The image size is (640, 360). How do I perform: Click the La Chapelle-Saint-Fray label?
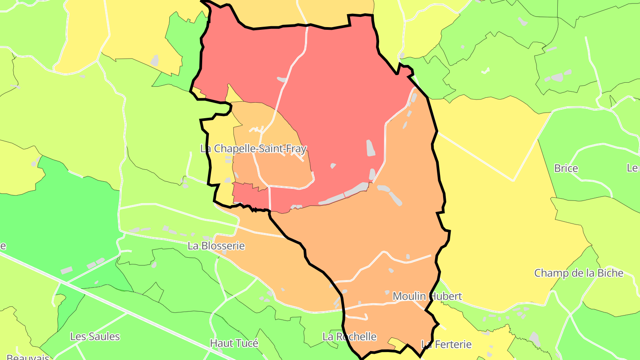click(x=253, y=148)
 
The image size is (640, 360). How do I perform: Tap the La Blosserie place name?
click(x=216, y=246)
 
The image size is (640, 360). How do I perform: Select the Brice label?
click(x=566, y=168)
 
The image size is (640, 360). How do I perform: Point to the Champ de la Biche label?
click(x=579, y=273)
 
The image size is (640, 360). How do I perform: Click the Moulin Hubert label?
click(x=427, y=296)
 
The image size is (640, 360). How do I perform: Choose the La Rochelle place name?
click(x=349, y=336)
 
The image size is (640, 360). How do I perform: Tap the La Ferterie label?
click(x=446, y=344)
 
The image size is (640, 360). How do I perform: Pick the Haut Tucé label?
click(x=234, y=343)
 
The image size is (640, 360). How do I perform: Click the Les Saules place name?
click(x=95, y=336)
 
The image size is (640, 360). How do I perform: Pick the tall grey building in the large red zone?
click(x=370, y=148)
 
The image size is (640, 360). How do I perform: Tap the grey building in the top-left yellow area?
click(x=154, y=60)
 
